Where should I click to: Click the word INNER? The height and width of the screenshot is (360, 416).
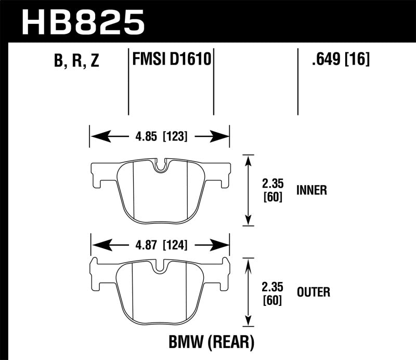click(311, 190)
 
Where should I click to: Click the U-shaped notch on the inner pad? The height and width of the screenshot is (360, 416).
click(162, 165)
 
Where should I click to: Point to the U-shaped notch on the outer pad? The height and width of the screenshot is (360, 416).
click(162, 266)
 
